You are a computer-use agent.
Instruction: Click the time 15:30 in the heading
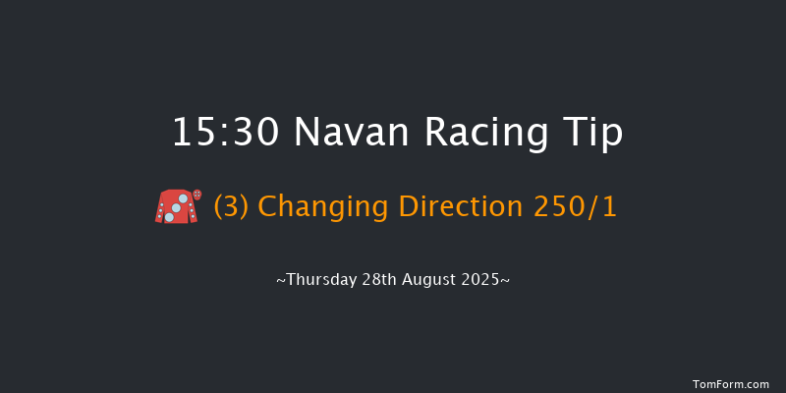tap(227, 133)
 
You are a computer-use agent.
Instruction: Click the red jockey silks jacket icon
tap(173, 206)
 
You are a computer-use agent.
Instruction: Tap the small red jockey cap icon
tap(197, 195)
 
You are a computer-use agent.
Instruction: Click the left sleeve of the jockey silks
tap(160, 211)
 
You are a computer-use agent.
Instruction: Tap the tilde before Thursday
tap(280, 280)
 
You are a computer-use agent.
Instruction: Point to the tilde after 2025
tap(505, 280)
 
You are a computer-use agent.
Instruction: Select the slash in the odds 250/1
tap(594, 207)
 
